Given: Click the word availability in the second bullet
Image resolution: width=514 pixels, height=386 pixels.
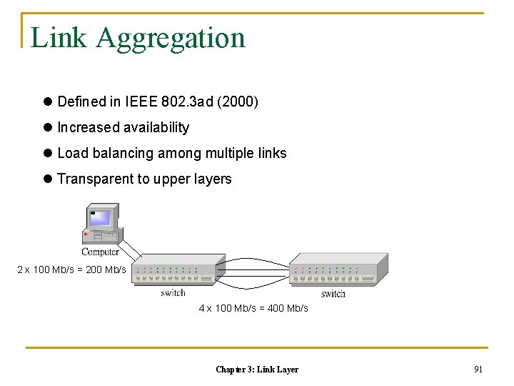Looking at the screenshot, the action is pyautogui.click(x=156, y=128).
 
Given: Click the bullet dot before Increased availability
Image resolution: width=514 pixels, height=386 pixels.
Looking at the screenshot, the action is pyautogui.click(x=48, y=128).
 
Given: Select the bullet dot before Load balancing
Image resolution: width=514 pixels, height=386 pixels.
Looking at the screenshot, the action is pyautogui.click(x=48, y=154).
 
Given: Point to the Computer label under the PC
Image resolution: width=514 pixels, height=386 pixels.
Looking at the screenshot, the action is pyautogui.click(x=100, y=252).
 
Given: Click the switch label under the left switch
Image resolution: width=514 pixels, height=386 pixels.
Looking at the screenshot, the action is pyautogui.click(x=173, y=292).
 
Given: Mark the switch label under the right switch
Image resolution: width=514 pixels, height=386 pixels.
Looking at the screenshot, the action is pyautogui.click(x=333, y=293).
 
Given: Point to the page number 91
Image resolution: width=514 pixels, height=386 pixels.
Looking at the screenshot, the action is pyautogui.click(x=478, y=370).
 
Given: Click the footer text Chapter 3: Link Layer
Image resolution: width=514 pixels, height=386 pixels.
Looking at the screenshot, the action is pyautogui.click(x=257, y=370).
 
